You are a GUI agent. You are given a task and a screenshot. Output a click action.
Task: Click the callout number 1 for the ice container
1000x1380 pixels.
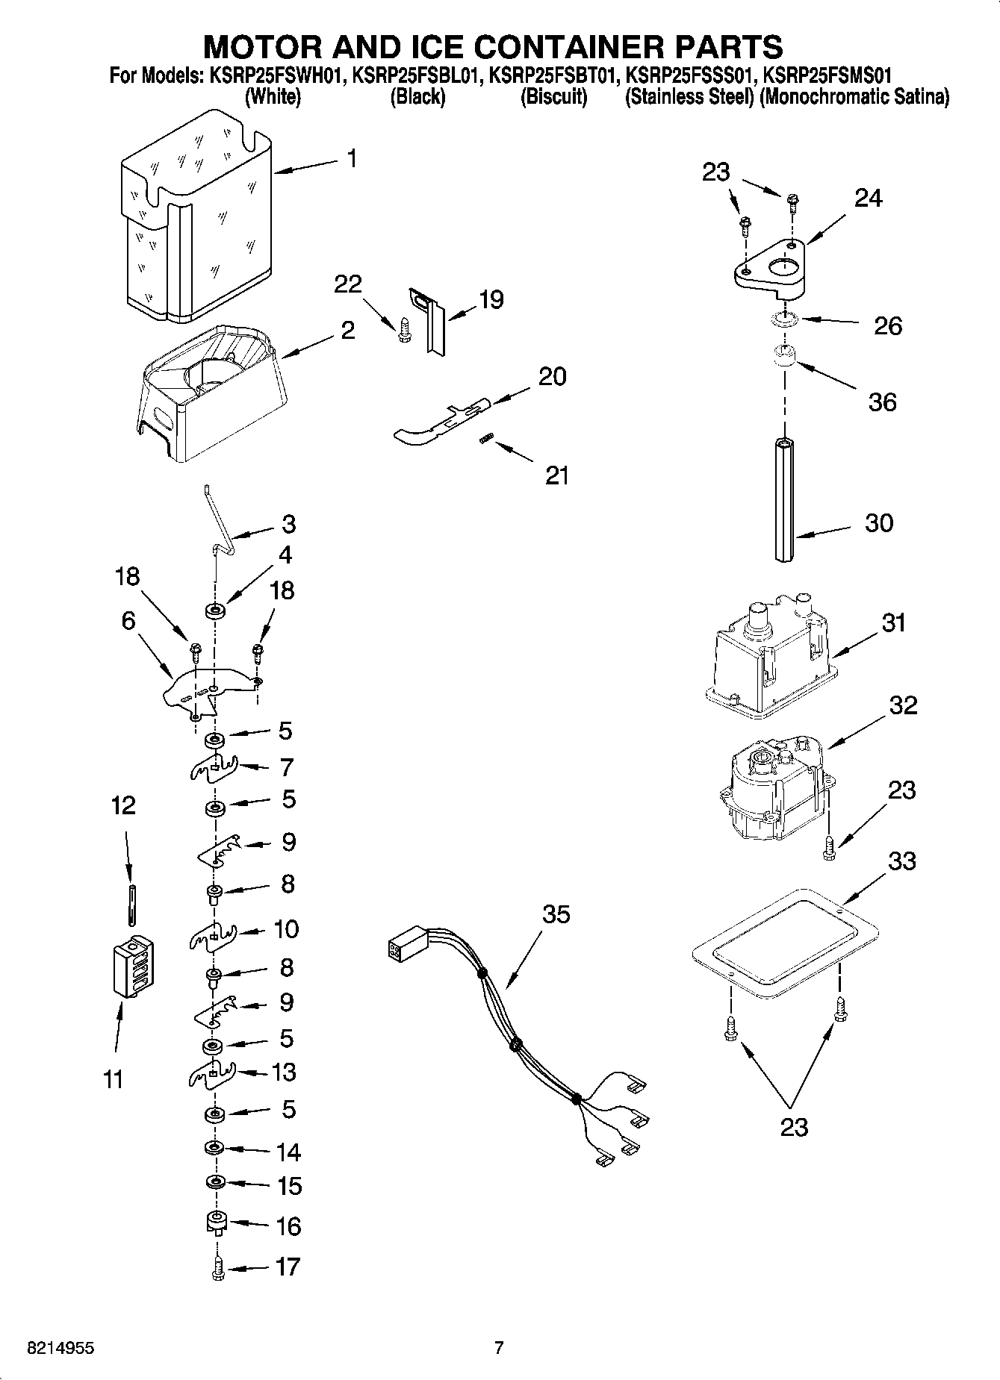point(352,158)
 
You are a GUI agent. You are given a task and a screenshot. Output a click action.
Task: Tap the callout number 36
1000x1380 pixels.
point(882,402)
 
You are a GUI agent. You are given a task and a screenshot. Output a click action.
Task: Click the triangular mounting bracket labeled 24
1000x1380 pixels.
point(769,269)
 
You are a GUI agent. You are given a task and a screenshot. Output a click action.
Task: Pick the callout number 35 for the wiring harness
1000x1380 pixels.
point(556,914)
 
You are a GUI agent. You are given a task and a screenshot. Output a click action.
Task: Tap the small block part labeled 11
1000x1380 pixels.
point(132,966)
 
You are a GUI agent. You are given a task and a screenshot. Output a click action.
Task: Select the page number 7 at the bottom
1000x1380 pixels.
point(499,1348)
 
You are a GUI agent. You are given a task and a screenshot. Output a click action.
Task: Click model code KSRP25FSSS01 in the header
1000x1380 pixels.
point(690,75)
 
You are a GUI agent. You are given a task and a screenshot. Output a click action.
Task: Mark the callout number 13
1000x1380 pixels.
point(284,1073)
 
